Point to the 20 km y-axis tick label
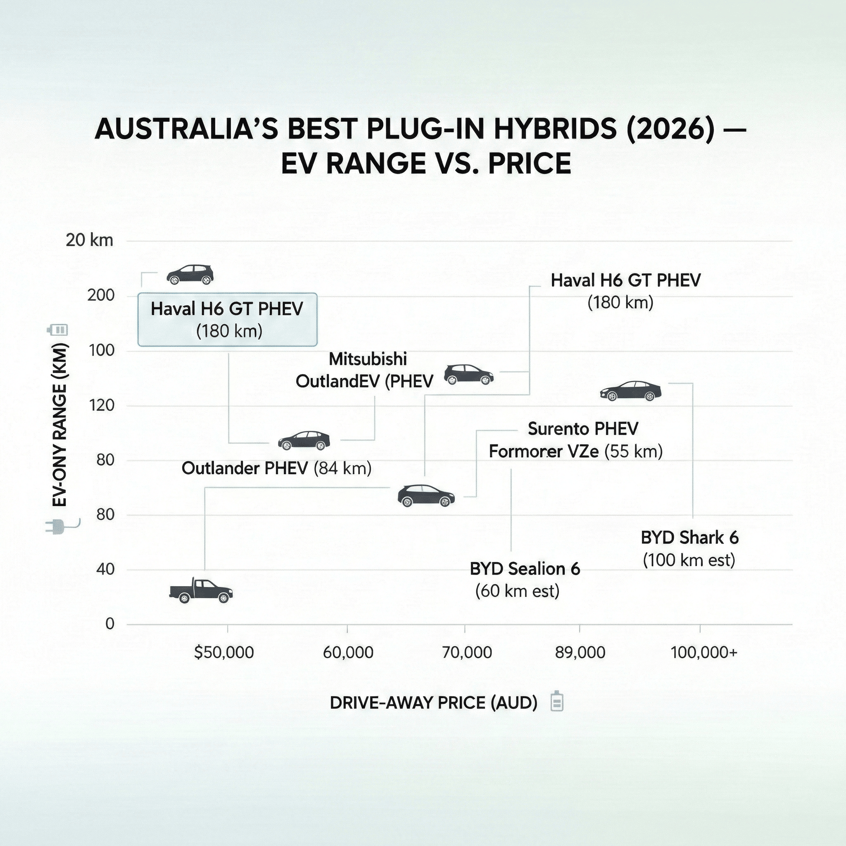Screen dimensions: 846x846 tap(89, 240)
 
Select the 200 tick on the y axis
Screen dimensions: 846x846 tap(101, 296)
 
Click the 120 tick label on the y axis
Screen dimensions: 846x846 tap(101, 406)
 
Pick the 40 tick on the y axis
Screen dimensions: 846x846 tap(105, 569)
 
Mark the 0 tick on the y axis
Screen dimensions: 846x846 tap(109, 623)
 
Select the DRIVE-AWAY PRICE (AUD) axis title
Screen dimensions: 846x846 tap(433, 703)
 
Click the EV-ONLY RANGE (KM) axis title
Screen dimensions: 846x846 tap(59, 425)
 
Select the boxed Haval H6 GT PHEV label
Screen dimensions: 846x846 tap(227, 320)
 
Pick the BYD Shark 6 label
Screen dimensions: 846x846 tap(689, 549)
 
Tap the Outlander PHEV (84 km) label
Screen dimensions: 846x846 tap(276, 468)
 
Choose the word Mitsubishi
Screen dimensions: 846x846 tap(367, 359)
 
